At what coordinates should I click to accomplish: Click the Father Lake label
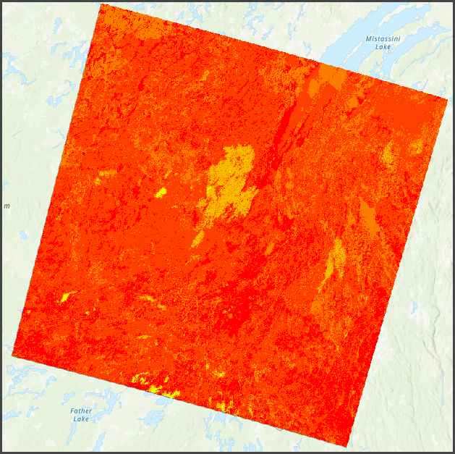pyautogui.click(x=81, y=415)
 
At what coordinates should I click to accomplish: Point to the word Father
pyautogui.click(x=81, y=411)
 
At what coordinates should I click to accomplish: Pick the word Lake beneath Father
pyautogui.click(x=81, y=419)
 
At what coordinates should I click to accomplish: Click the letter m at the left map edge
pyautogui.click(x=7, y=206)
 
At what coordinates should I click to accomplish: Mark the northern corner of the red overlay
pyautogui.click(x=101, y=4)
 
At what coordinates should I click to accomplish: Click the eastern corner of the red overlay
pyautogui.click(x=447, y=98)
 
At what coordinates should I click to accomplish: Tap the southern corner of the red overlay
pyautogui.click(x=349, y=447)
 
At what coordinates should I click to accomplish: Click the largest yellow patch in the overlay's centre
pyautogui.click(x=231, y=177)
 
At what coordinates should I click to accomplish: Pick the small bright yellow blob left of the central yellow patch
pyautogui.click(x=160, y=193)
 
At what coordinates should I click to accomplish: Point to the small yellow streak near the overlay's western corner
pyautogui.click(x=67, y=296)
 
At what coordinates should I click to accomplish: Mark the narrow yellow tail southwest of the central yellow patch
pyautogui.click(x=197, y=239)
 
